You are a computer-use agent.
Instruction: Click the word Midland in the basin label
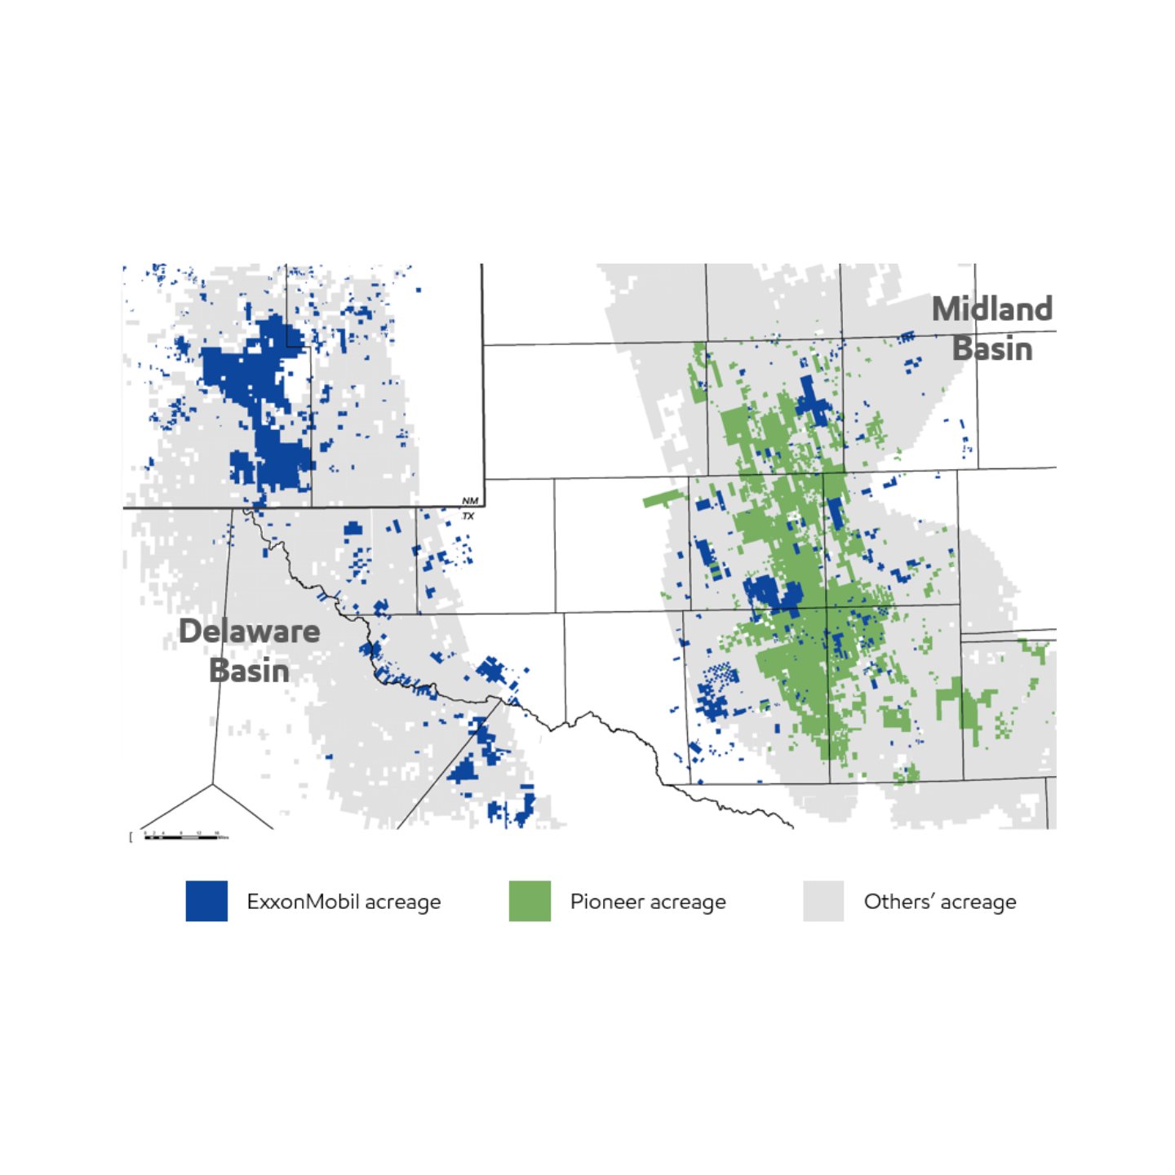tap(991, 310)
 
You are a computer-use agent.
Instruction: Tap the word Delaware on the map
tap(249, 632)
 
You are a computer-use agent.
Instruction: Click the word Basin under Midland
tap(992, 349)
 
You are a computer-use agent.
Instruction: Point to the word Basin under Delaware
tap(249, 671)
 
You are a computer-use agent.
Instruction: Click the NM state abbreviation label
tap(470, 501)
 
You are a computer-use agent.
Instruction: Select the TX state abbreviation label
tap(468, 517)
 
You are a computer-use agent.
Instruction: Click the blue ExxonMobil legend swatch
tap(206, 901)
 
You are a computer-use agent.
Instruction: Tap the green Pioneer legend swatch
tap(530, 901)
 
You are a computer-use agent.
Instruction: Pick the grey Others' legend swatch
tap(823, 901)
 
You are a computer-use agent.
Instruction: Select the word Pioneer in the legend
tap(606, 902)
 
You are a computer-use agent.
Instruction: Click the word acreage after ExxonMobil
tap(402, 902)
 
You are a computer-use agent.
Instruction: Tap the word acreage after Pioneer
tap(688, 902)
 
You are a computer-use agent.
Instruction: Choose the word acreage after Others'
tap(978, 902)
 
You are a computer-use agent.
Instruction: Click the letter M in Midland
tap(947, 310)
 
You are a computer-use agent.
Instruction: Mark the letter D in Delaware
tap(190, 632)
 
